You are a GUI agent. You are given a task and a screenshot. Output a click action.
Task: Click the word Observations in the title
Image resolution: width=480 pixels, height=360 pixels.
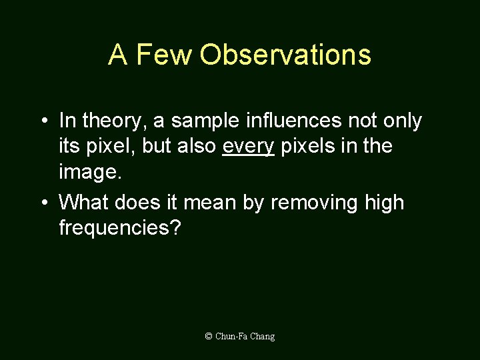click(x=285, y=55)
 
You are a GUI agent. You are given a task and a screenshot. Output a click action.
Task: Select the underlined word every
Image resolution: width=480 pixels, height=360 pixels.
click(x=248, y=146)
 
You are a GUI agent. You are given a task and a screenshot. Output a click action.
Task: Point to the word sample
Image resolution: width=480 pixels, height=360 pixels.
click(x=204, y=121)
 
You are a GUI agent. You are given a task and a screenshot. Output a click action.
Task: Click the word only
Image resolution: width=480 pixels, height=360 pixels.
click(x=403, y=121)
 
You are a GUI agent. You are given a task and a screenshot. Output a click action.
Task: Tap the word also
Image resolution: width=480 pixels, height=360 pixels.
click(x=197, y=146)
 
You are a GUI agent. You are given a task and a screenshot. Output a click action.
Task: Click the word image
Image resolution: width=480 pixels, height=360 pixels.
click(x=90, y=172)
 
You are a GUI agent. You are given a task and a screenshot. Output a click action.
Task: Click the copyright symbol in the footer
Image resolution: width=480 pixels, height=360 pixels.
click(x=209, y=337)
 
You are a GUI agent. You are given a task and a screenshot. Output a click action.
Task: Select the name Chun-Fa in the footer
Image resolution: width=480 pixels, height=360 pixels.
click(x=231, y=337)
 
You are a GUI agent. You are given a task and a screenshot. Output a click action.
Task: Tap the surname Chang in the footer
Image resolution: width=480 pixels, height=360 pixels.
click(x=263, y=337)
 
